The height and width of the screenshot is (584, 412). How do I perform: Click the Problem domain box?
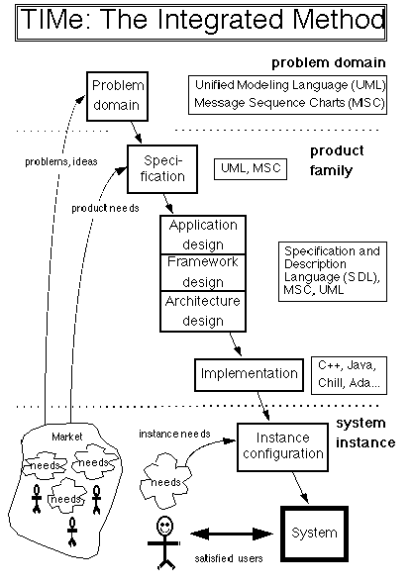[x=117, y=96]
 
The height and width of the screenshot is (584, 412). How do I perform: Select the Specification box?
[x=162, y=169]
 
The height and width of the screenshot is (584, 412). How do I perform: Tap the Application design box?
[x=203, y=235]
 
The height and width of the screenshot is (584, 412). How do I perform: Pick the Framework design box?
[x=203, y=272]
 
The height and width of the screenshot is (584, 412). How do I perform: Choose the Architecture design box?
[x=203, y=312]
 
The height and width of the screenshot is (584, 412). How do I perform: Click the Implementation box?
[x=249, y=375]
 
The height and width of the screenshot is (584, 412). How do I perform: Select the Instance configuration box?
[x=282, y=447]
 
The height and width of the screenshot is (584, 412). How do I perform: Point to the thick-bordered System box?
[x=314, y=534]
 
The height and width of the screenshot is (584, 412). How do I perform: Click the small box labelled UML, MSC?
[x=251, y=169]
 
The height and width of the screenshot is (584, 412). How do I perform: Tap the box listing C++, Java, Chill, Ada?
[x=349, y=375]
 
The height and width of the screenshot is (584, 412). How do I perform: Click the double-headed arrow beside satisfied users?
[x=232, y=535]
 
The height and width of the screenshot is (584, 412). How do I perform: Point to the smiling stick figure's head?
[x=164, y=527]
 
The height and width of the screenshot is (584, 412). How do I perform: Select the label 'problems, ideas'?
[x=61, y=161]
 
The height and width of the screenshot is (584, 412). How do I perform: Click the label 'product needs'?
[x=105, y=208]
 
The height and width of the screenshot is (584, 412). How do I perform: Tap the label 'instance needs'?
[x=174, y=434]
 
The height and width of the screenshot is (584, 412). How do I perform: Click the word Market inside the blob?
[x=67, y=437]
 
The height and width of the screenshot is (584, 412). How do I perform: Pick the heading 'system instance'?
[x=365, y=433]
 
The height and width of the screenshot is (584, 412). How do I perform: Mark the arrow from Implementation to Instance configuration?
[x=263, y=406]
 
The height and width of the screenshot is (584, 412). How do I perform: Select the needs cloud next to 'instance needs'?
[x=165, y=480]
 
